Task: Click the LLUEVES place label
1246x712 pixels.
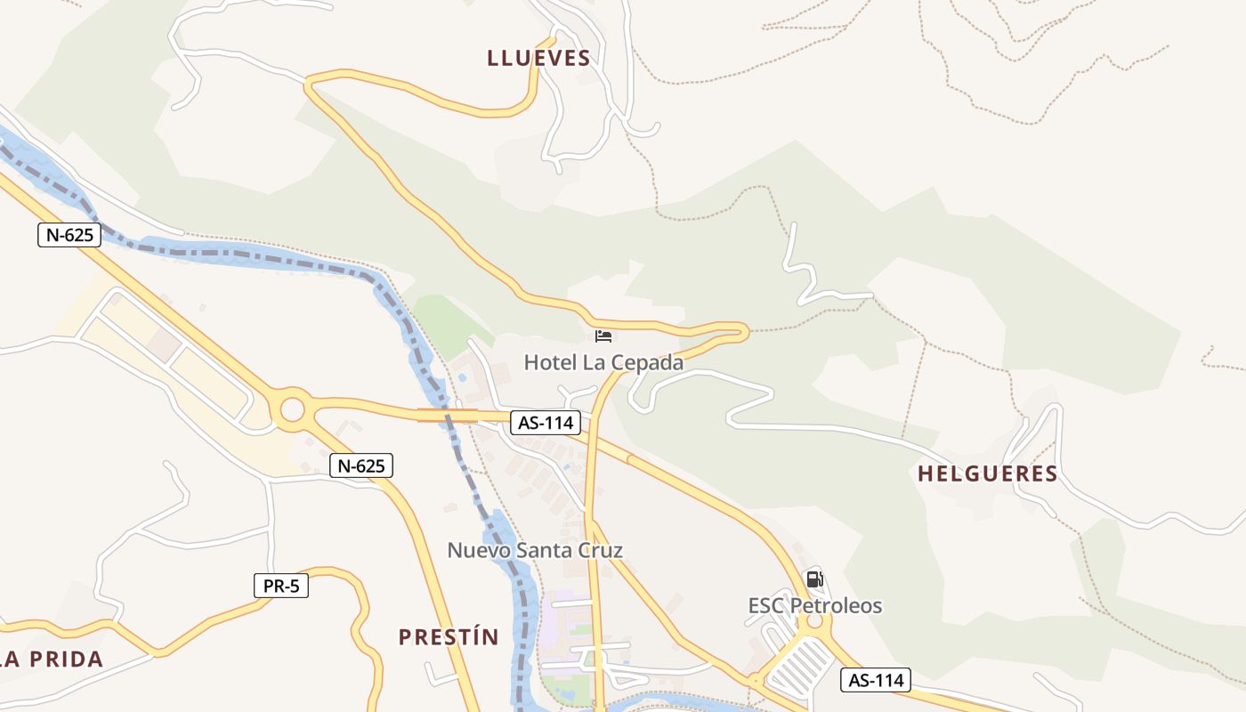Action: [x=538, y=59]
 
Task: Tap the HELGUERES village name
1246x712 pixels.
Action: [x=987, y=473]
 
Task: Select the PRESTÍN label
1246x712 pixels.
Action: [x=448, y=637]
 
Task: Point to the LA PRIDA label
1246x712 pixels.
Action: [x=52, y=659]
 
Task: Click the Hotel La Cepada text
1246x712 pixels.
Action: [x=603, y=362]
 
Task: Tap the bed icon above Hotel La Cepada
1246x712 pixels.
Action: [x=603, y=336]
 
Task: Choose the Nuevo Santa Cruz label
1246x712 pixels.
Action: [x=534, y=550]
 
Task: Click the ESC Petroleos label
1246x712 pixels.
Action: [x=814, y=606]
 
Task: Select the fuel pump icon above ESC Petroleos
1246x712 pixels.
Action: [x=814, y=579]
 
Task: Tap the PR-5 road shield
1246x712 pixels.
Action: [x=280, y=586]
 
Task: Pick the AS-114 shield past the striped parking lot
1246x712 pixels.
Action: [x=876, y=680]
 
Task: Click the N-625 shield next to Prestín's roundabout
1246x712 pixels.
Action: [x=360, y=465]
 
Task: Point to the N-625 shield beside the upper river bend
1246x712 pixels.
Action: [x=69, y=235]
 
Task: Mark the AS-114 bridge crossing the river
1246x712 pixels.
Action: [x=448, y=415]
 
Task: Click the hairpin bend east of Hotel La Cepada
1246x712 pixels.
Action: [x=741, y=332]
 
